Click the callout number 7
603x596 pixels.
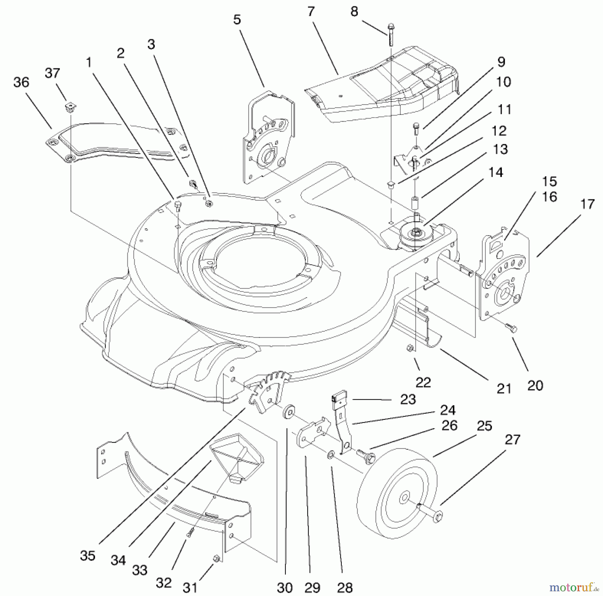click(x=311, y=12)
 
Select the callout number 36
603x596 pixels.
click(x=21, y=82)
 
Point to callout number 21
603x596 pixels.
click(x=504, y=389)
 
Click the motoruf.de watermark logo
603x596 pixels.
click(x=574, y=587)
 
